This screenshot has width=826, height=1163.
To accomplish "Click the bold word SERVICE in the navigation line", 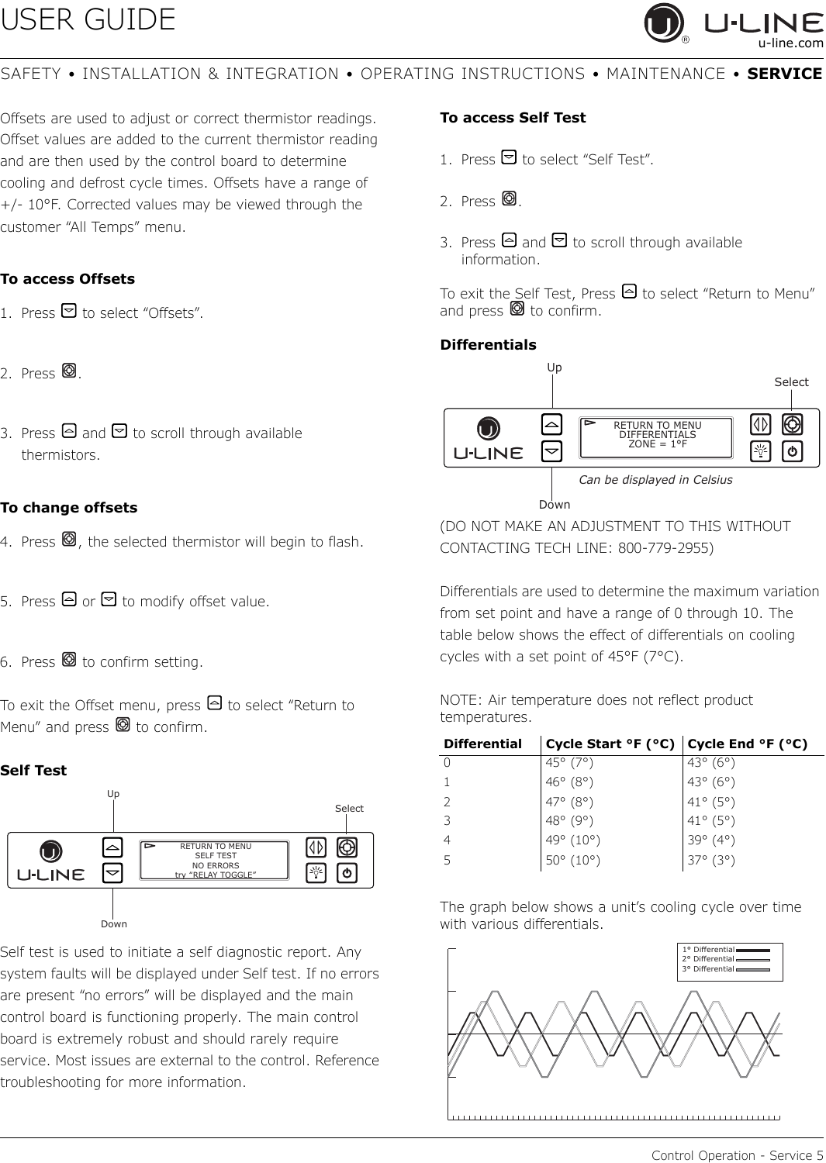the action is click(784, 74).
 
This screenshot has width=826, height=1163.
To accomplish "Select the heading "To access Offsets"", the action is click(67, 279).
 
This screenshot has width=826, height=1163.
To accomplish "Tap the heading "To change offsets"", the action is click(68, 507).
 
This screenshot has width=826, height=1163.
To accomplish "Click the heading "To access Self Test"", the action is click(513, 118).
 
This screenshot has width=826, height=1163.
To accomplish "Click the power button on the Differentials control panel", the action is click(792, 451).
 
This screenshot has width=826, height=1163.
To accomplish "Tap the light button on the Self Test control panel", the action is click(316, 873).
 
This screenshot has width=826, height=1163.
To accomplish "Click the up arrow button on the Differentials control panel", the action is click(551, 424).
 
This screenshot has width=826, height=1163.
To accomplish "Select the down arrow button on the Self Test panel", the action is click(112, 873).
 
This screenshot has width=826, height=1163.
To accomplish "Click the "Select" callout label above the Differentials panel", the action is click(791, 382).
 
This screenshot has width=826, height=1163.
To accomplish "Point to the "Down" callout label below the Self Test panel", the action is click(114, 923).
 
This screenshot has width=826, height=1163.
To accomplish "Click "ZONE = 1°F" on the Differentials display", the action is click(658, 444).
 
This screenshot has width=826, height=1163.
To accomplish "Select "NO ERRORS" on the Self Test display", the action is click(216, 865).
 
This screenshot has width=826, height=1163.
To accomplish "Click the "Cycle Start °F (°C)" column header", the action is click(610, 744).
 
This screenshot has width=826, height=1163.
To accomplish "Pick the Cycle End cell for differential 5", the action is click(711, 861).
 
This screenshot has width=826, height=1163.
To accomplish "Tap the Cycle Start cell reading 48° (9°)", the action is click(569, 821).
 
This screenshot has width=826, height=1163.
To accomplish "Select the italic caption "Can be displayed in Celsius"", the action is click(655, 480).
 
